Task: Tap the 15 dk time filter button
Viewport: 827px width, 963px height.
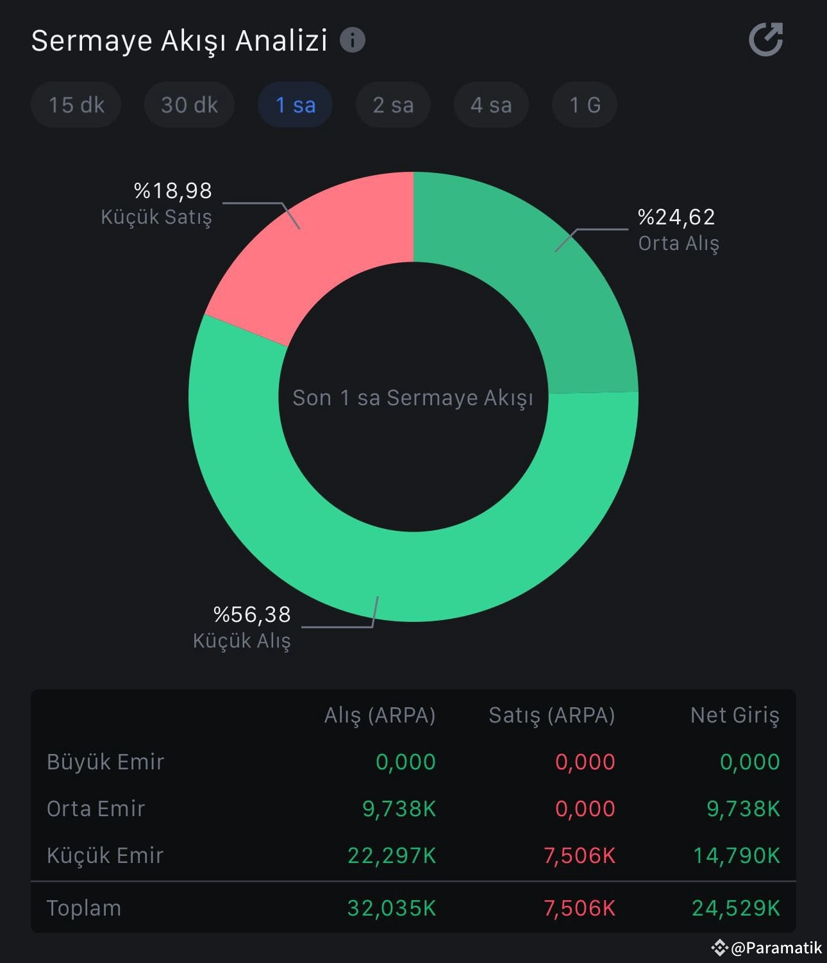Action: coord(76,105)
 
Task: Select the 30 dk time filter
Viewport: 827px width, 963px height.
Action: coord(189,105)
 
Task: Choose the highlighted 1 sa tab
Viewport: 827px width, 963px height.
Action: coord(296,105)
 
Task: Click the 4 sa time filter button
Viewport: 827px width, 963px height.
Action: coord(491,105)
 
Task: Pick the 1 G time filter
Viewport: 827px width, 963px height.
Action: coord(585,105)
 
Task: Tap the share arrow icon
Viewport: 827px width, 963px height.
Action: coord(766,40)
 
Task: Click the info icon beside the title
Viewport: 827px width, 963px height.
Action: coord(353,40)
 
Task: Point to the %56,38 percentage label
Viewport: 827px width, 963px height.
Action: coord(252,614)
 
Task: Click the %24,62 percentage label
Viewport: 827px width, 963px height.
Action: coord(676,217)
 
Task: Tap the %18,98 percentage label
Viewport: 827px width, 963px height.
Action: coord(172,190)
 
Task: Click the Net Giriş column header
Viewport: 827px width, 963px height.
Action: coord(735,715)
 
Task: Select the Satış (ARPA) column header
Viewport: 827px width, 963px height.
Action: coord(551,715)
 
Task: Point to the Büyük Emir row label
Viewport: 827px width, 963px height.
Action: coord(106,762)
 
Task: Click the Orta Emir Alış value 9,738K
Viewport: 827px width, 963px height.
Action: coord(399,808)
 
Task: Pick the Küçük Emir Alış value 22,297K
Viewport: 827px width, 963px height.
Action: coord(392,855)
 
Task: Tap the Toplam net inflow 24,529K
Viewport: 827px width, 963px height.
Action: coord(736,908)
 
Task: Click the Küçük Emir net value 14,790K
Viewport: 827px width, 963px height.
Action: coord(737,855)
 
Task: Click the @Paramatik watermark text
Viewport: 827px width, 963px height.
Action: coord(776,948)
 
